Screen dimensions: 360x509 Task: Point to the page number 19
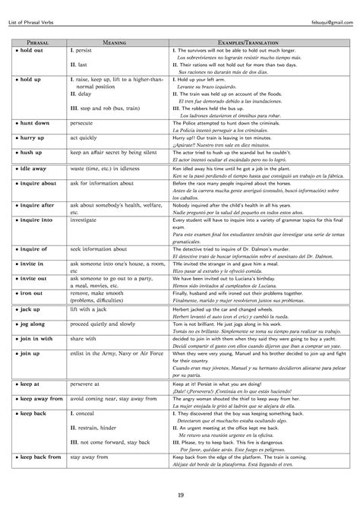(x=180, y=495)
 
